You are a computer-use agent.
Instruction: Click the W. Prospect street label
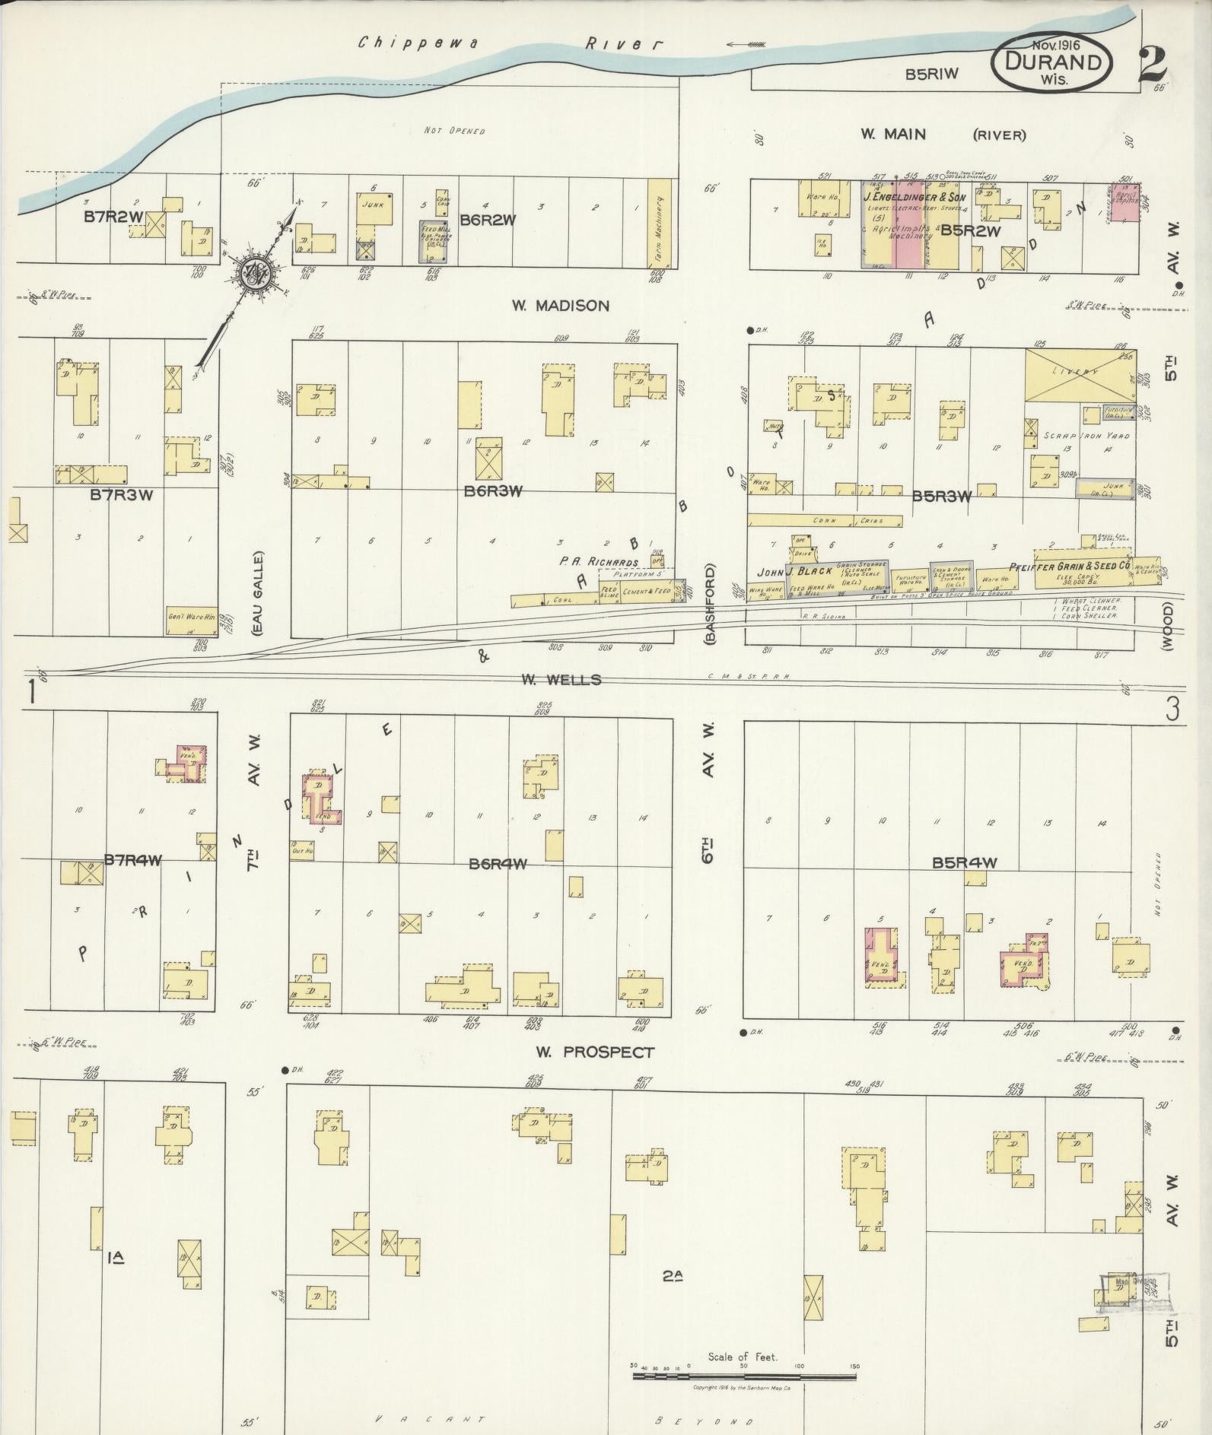tap(594, 1052)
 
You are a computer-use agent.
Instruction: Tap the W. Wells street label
tap(561, 679)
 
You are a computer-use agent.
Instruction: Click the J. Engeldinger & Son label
tap(913, 198)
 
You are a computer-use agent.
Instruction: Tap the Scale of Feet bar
tap(743, 844)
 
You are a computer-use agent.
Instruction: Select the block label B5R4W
tap(964, 862)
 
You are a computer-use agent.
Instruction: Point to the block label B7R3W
tap(122, 495)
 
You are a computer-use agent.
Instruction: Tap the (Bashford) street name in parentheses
tap(711, 605)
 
